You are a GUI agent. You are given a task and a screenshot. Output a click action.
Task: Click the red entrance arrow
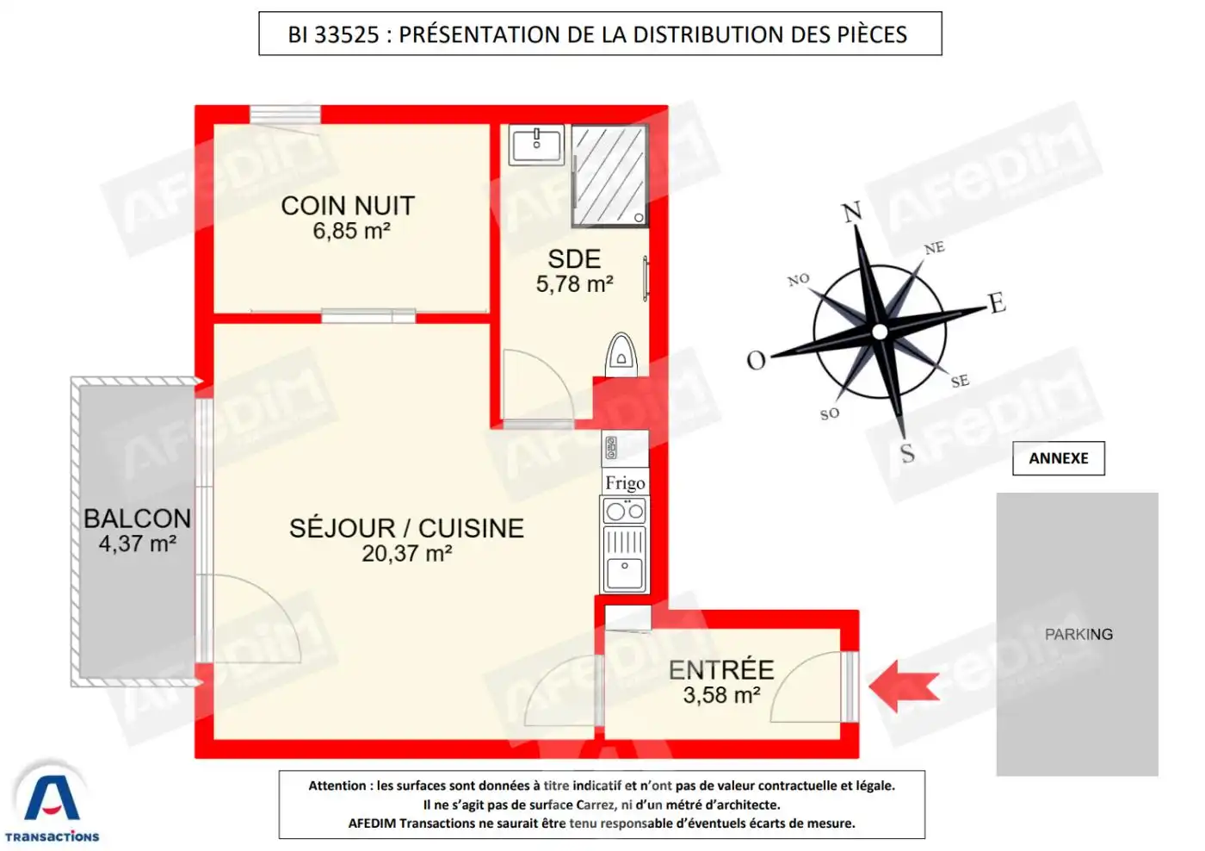point(905,687)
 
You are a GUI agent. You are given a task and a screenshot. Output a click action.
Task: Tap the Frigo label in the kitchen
point(625,483)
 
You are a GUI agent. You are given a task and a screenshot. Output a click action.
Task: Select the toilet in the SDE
point(621,355)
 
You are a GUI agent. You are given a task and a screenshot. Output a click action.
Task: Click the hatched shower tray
point(609,175)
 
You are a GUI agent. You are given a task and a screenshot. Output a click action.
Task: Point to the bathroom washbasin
point(536,145)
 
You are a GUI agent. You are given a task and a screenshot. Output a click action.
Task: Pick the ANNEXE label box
point(1058,458)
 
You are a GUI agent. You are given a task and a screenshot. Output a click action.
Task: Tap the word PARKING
point(1078,634)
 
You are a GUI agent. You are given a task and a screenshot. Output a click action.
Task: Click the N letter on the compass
point(851,212)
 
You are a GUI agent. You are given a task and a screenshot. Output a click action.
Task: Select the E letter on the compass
point(998,302)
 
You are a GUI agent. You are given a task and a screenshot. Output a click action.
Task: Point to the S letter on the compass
point(907,453)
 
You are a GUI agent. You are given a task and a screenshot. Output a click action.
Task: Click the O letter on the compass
point(756,360)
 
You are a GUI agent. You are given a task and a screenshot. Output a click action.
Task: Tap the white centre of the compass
point(880,332)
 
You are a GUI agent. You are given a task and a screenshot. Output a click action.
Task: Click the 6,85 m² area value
point(351,231)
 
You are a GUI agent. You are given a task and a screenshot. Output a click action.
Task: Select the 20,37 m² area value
point(406,553)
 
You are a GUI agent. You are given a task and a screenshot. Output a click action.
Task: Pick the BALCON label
point(137,519)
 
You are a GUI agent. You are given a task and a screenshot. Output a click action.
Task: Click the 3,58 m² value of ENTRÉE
point(721,695)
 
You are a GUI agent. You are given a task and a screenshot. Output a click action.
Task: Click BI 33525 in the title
point(334,34)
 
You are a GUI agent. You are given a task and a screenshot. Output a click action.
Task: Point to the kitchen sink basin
point(625,573)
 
